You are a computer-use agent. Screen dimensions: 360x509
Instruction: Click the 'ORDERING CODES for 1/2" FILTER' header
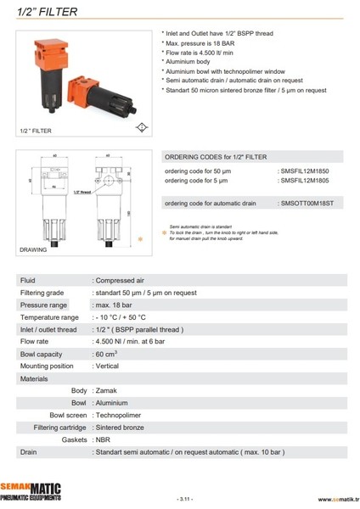click(x=215, y=157)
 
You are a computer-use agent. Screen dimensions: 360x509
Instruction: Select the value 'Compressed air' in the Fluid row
click(x=121, y=280)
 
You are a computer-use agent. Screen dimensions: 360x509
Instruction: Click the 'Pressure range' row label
click(x=43, y=305)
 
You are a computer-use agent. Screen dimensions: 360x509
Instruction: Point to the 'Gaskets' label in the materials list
click(x=75, y=440)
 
